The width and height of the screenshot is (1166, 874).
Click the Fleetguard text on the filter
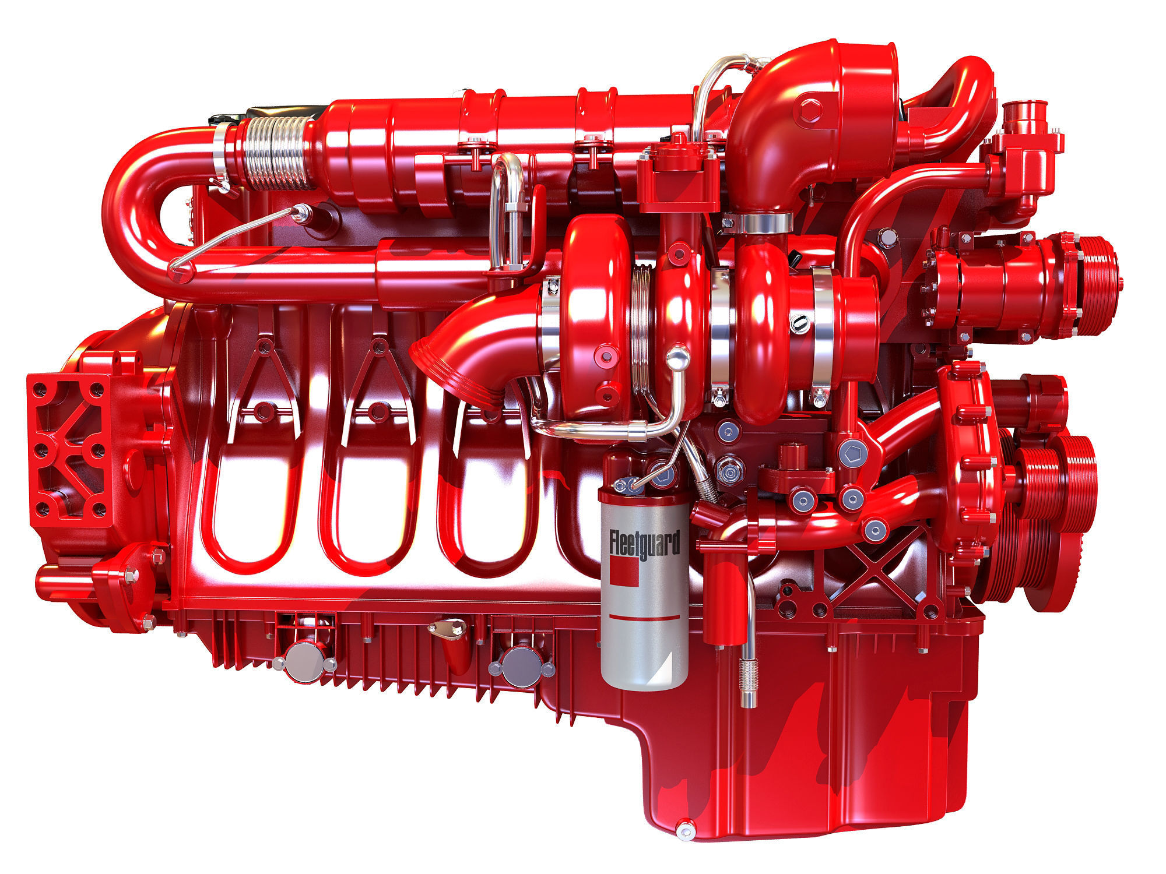(x=644, y=545)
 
